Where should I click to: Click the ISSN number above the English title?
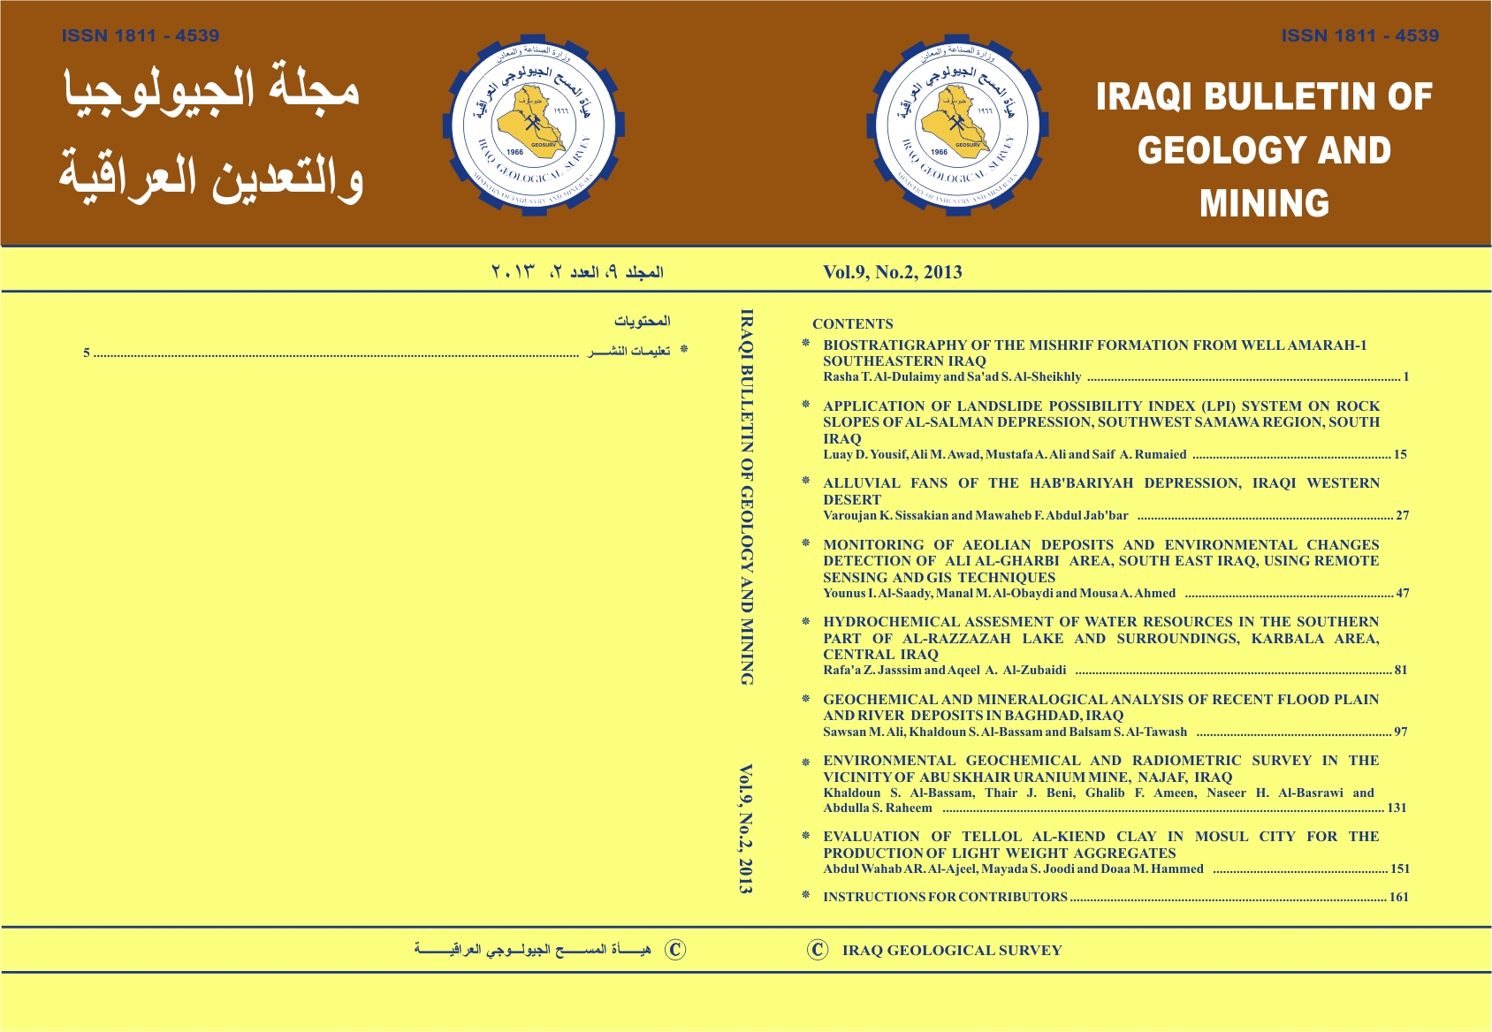click(x=1359, y=36)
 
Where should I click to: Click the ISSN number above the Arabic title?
click(x=141, y=36)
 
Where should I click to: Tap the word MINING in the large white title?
click(x=1264, y=204)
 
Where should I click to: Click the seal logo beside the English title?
click(x=957, y=124)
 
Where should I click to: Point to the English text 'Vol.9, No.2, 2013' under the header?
click(x=892, y=272)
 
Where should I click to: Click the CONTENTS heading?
click(x=852, y=324)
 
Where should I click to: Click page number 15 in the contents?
click(x=1400, y=455)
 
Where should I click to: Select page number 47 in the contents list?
click(x=1402, y=594)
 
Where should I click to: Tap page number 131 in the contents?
click(x=1397, y=808)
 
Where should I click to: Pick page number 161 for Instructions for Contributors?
click(x=1398, y=897)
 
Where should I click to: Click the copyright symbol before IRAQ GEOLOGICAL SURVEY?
click(x=818, y=950)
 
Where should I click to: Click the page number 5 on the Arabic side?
click(x=87, y=353)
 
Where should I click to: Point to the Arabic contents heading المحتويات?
click(x=643, y=321)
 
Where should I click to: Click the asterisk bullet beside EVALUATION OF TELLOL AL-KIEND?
click(x=806, y=836)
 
